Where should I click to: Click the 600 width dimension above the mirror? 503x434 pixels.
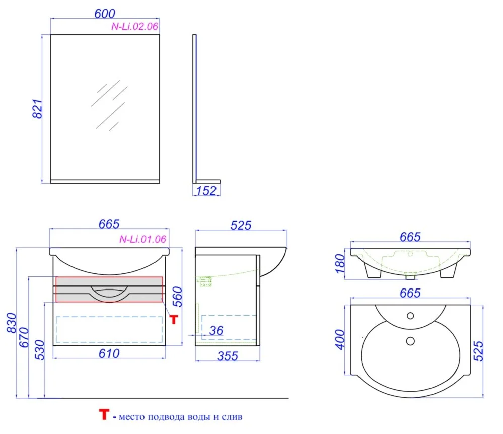(x=105, y=14)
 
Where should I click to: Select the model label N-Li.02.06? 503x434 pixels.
(x=135, y=26)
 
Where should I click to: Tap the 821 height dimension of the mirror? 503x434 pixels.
(x=38, y=109)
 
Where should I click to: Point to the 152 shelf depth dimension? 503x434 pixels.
(x=206, y=191)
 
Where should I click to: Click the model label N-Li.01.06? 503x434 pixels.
(x=143, y=239)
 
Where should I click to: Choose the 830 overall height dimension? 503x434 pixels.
(x=12, y=323)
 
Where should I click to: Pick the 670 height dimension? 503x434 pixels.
(x=24, y=337)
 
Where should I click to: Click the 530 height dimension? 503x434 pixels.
(x=40, y=350)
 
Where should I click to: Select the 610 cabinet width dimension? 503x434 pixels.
(x=109, y=353)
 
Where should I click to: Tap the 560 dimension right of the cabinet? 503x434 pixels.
(x=177, y=297)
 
